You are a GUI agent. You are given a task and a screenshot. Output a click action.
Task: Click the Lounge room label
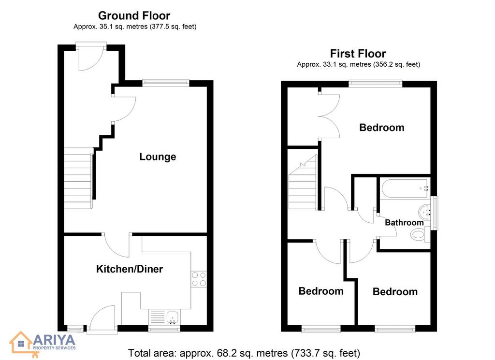(x=158, y=157)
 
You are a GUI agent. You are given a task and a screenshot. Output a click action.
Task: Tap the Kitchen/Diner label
(x=130, y=269)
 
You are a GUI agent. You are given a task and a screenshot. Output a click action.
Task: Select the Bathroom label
(x=404, y=222)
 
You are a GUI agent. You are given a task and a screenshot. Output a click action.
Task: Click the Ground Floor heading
(x=134, y=15)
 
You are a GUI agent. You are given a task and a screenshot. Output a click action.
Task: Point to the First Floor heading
(x=358, y=54)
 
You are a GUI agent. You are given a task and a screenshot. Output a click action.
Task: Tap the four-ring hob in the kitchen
(x=199, y=279)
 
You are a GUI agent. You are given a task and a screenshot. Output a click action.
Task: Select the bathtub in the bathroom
(x=406, y=188)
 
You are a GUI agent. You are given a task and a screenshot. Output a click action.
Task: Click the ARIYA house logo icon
(x=21, y=344)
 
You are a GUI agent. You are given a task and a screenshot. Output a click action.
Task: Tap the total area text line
(x=244, y=353)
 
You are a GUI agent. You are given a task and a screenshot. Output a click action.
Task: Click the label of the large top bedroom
(x=382, y=128)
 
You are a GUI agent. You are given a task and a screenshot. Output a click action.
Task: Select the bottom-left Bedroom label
(x=321, y=291)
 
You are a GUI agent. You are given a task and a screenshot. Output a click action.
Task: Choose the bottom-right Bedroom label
(x=395, y=291)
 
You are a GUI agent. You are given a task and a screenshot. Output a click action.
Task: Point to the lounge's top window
(x=166, y=83)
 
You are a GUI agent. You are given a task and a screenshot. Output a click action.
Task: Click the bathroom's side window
(x=435, y=213)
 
